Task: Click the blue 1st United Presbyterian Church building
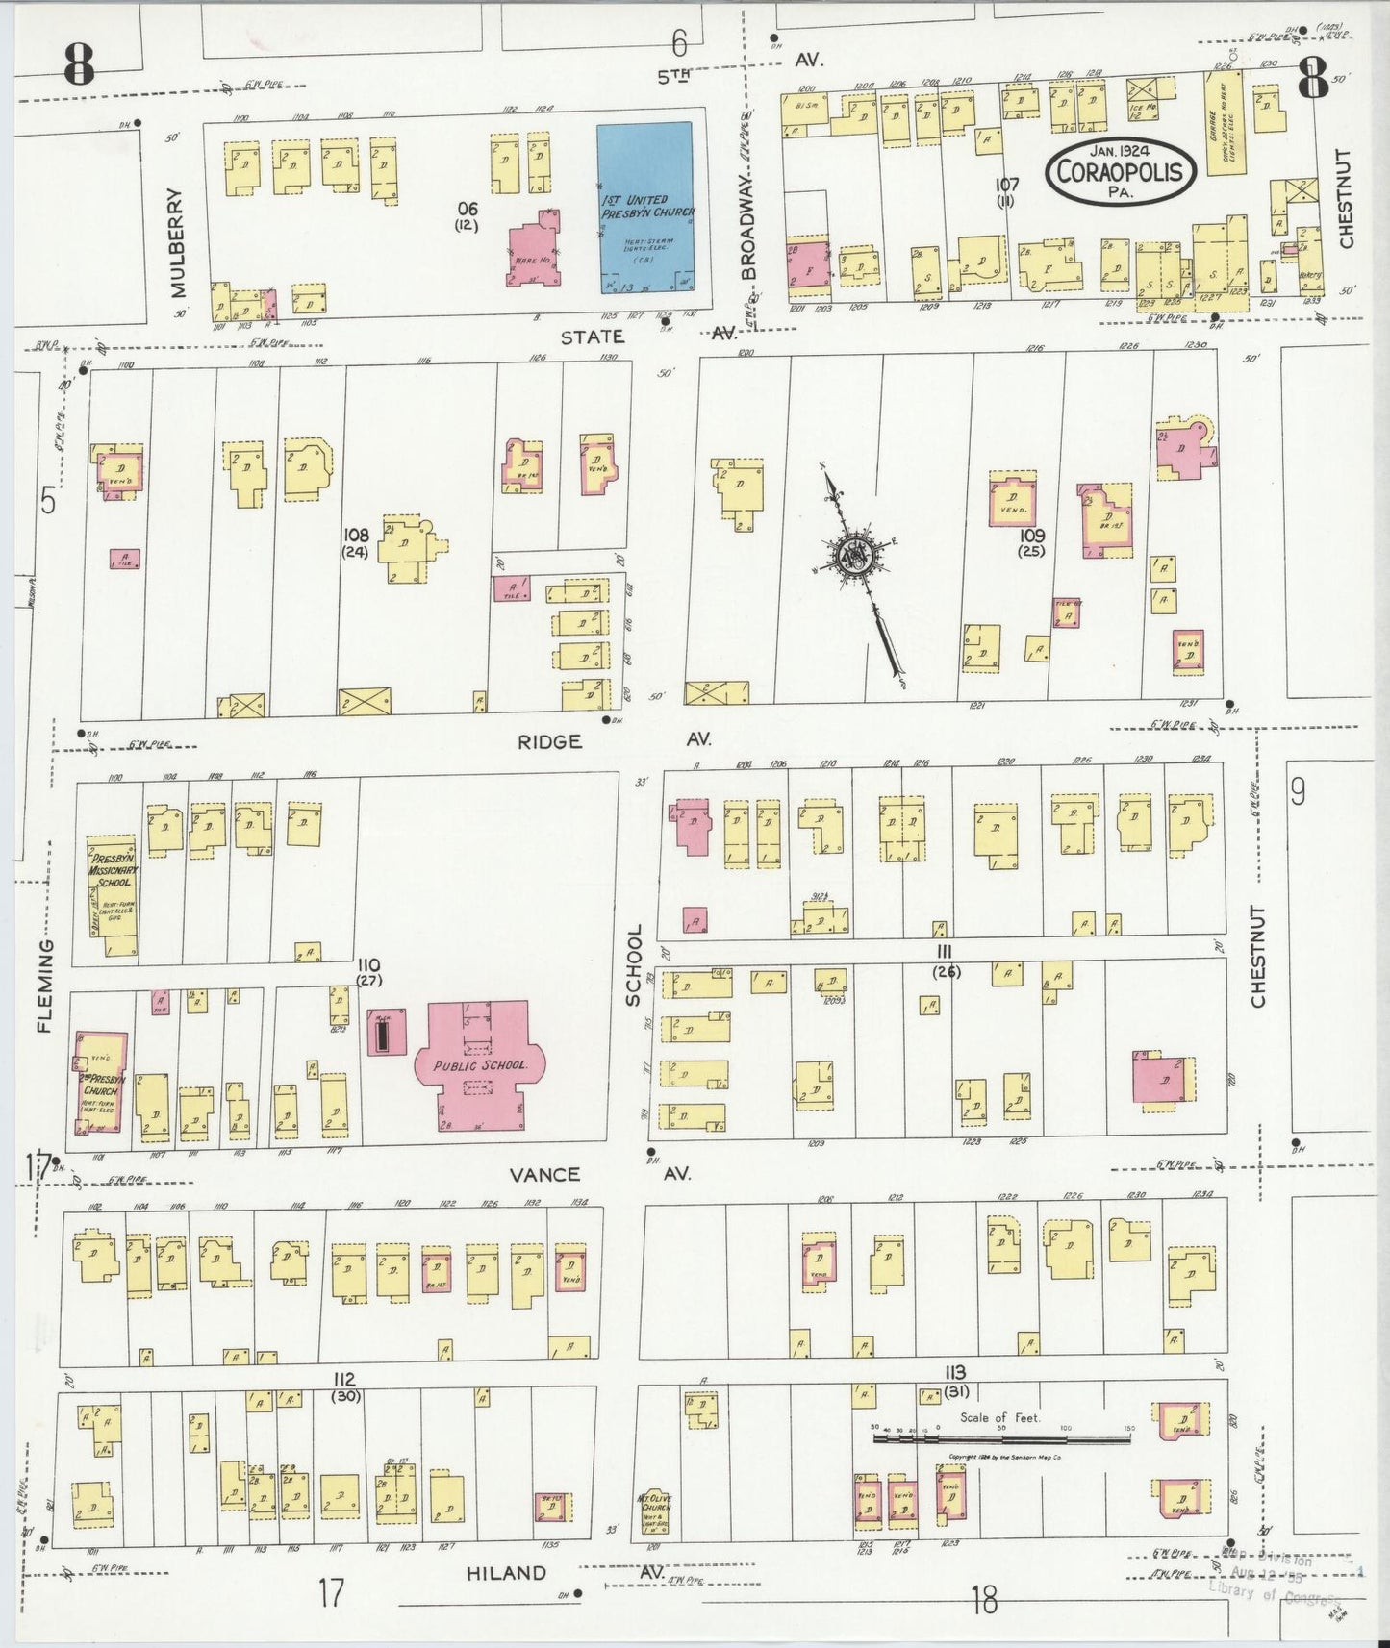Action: [x=644, y=207]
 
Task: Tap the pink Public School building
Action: [x=478, y=1065]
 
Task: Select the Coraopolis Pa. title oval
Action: [x=1122, y=170]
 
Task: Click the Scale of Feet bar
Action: [x=1000, y=1439]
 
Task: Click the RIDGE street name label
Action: [x=549, y=741]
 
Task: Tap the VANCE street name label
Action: [x=544, y=1174]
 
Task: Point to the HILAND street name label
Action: [x=506, y=1573]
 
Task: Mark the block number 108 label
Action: [x=356, y=535]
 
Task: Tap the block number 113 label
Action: [x=954, y=1372]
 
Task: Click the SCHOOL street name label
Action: [x=634, y=966]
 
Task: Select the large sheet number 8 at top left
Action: [x=79, y=65]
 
